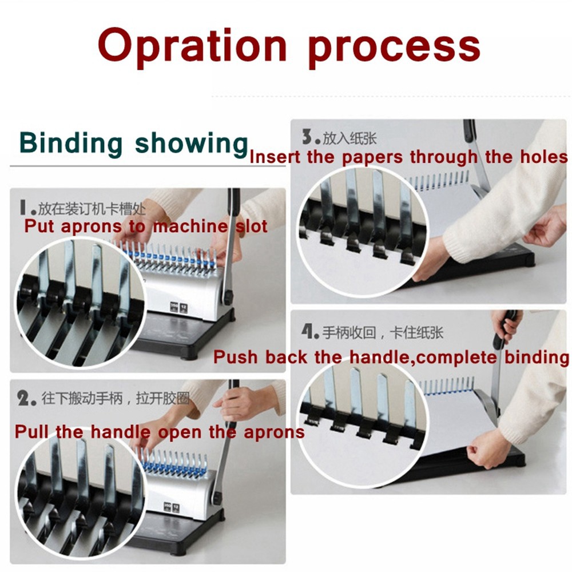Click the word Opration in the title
pyautogui.click(x=193, y=46)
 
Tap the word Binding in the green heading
pyautogui.click(x=70, y=144)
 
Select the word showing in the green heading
pyautogui.click(x=192, y=144)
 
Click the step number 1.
pyautogui.click(x=26, y=207)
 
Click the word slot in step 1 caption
pyautogui.click(x=251, y=226)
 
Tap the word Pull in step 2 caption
pyautogui.click(x=31, y=432)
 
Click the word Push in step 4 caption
pyautogui.click(x=235, y=357)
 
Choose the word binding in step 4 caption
pyautogui.click(x=537, y=357)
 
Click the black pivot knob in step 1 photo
pyautogui.click(x=229, y=296)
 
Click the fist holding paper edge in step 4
pyautogui.click(x=483, y=452)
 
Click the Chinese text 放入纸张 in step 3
pyautogui.click(x=350, y=138)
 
